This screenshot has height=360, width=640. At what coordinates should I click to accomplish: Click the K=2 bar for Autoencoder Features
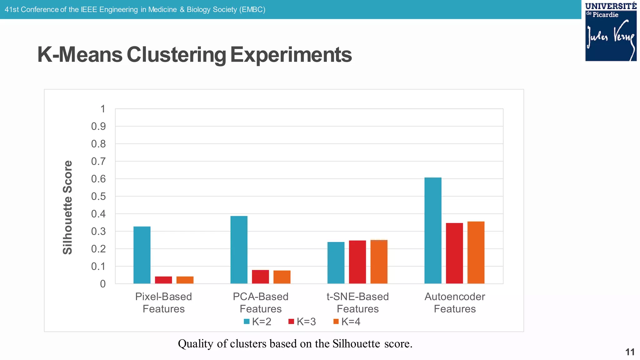(433, 231)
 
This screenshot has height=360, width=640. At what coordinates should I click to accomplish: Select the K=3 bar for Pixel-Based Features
(163, 280)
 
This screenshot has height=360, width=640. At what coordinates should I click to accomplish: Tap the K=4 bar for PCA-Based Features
(282, 277)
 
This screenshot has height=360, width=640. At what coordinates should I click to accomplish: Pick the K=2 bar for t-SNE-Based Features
(336, 263)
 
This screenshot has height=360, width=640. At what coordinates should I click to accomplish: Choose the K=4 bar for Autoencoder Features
(476, 252)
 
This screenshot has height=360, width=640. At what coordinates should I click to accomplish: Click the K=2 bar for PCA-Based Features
(239, 250)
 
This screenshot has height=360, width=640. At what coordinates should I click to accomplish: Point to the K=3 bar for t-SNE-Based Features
(357, 262)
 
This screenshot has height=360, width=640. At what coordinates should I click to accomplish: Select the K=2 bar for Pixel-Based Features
(142, 255)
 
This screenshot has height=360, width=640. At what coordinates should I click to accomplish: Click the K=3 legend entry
(302, 322)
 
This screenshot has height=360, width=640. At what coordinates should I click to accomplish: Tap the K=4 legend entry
(347, 322)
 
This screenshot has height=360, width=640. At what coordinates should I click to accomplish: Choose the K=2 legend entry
(257, 322)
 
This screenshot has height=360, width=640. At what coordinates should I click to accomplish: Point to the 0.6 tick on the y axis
(98, 179)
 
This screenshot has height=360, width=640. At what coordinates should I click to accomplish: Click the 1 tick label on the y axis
(103, 109)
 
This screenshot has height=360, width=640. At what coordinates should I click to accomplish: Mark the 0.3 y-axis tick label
(98, 232)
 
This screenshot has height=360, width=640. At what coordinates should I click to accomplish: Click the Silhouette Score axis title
(67, 207)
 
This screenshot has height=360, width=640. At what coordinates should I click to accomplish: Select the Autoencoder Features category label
(455, 302)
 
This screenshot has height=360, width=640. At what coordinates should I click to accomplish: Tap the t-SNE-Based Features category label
(357, 302)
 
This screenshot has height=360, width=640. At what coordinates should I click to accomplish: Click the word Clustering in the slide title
(176, 55)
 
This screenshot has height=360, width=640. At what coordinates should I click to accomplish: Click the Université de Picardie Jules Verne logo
(611, 32)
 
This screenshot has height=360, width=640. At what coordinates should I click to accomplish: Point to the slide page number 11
(630, 352)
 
